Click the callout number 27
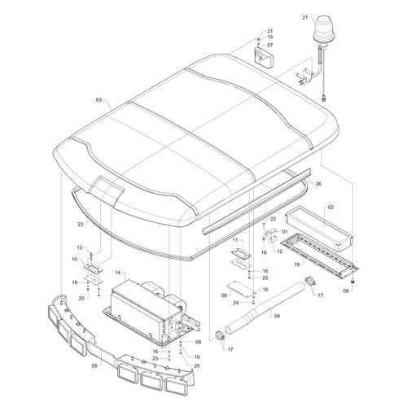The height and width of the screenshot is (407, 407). coord(305,18)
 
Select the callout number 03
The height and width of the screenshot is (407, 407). coord(98,100)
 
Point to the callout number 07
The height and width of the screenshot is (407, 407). coord(270,45)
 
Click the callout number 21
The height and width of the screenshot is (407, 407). coord(270,31)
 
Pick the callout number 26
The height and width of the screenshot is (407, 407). coord(318,184)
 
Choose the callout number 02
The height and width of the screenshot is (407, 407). coord(330,208)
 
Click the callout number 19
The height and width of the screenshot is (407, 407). coord(297,265)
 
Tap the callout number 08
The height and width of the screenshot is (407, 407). coord(346,291)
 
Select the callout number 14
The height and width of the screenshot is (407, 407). coord(117,273)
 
